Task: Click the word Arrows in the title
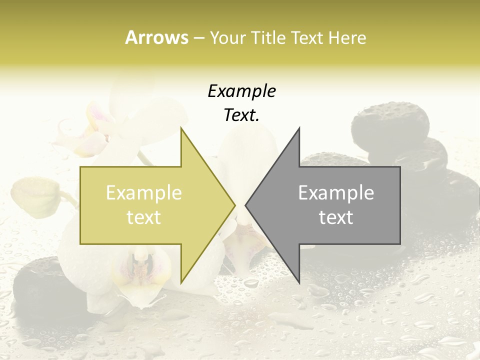point(156,37)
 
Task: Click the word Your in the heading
point(227,38)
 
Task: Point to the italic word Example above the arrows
point(241,91)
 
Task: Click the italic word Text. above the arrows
point(241,115)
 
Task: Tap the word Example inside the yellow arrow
point(144,192)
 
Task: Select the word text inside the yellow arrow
point(144,217)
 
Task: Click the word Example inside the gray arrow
point(336,192)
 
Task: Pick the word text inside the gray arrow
point(336,217)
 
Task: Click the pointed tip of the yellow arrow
point(234,205)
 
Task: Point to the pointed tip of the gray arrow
point(246,205)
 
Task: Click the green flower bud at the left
point(35,197)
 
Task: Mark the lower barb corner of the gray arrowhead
point(299,282)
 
